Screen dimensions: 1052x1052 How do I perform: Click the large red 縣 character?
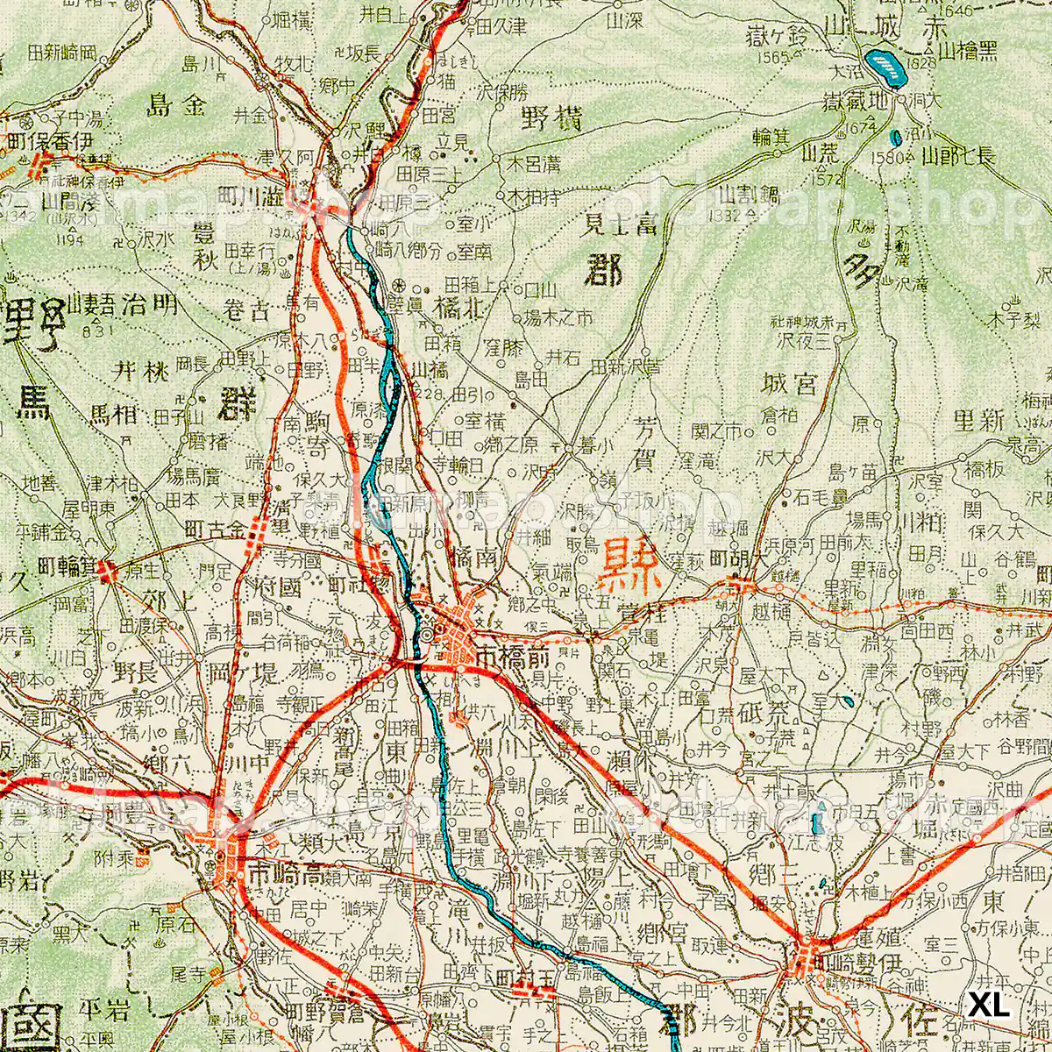(630, 565)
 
